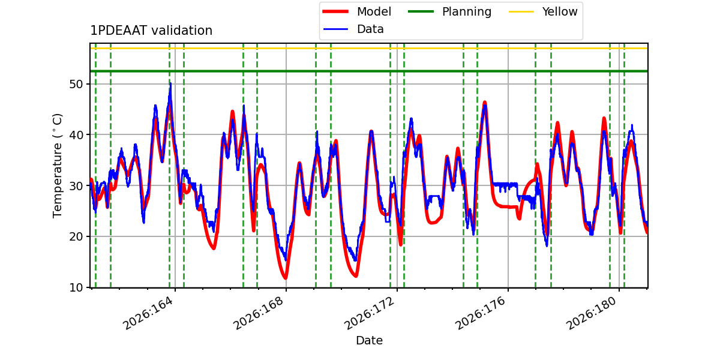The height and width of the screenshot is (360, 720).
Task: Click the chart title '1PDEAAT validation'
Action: tap(151, 31)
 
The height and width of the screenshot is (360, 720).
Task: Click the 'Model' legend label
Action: tap(374, 11)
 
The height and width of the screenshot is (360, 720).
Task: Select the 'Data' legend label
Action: tap(370, 29)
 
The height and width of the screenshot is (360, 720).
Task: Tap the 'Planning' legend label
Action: tap(467, 11)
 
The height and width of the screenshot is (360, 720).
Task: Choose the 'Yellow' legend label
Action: tap(560, 11)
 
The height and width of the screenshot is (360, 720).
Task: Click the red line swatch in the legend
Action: tap(335, 11)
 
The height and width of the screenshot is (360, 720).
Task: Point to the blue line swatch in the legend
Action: tap(335, 29)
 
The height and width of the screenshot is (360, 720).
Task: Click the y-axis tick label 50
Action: tap(76, 84)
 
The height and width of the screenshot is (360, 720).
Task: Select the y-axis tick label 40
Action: tap(76, 135)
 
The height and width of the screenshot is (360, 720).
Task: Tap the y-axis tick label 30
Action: tap(76, 186)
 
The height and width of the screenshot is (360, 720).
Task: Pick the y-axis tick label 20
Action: tap(76, 236)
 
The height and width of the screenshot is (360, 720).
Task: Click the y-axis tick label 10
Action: tap(76, 287)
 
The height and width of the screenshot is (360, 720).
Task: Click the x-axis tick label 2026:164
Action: tap(148, 313)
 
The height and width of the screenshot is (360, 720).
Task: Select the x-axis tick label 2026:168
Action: tap(259, 313)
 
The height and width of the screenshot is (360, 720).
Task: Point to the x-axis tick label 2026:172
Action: tap(370, 313)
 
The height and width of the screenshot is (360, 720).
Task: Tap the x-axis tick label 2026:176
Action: tap(481, 313)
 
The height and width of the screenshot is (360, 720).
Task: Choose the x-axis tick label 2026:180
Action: tap(592, 313)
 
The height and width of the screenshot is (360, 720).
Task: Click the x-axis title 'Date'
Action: tap(369, 340)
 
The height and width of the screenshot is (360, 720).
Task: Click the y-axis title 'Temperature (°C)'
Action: tap(57, 166)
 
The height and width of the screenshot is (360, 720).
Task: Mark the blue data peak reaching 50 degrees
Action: tap(170, 84)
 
